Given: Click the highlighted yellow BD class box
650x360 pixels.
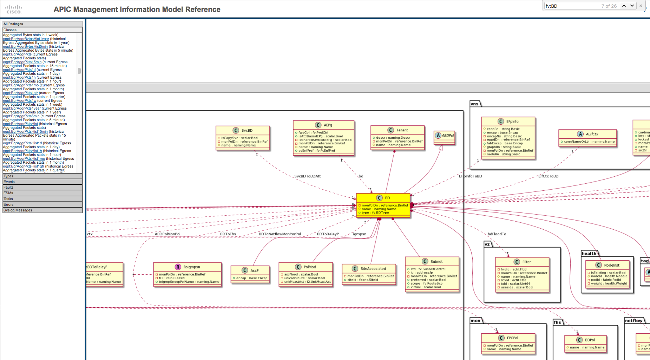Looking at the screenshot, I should [x=383, y=205].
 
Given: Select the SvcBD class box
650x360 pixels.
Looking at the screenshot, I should [x=243, y=138].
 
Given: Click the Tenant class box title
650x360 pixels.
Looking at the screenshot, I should [x=398, y=130].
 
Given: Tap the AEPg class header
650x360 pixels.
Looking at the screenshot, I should [x=323, y=125].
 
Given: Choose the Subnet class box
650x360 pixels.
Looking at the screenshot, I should [x=432, y=274].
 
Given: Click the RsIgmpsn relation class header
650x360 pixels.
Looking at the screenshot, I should [x=188, y=267].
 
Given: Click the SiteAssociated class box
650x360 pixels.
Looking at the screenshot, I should [x=369, y=274].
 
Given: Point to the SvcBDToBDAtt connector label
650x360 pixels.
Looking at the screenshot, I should [x=307, y=176].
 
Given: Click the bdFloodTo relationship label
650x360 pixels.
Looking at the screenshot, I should [x=497, y=234].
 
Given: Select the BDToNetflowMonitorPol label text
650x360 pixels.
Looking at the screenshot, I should [x=280, y=234].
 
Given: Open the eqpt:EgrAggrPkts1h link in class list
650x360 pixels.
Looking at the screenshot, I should [x=19, y=78].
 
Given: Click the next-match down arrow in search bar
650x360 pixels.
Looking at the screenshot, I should [x=632, y=6].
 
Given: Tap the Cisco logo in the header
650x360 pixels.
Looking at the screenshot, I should [x=14, y=9].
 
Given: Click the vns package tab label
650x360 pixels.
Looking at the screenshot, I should [x=475, y=104].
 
